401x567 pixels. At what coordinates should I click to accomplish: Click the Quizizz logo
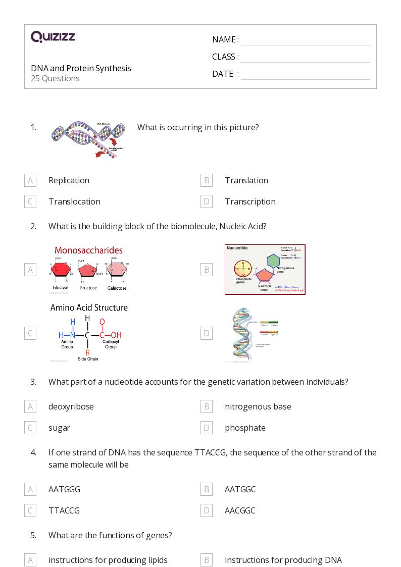53,37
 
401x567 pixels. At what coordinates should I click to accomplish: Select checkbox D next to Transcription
206,201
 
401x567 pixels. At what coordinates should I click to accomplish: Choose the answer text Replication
69,180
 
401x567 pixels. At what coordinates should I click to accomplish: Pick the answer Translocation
74,201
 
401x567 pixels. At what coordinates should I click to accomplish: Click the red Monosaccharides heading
88,250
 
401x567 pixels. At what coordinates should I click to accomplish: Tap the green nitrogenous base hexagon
273,261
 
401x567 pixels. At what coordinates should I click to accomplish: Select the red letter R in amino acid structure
87,352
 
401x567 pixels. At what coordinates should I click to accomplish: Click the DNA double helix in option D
241,335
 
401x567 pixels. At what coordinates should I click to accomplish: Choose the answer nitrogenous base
258,406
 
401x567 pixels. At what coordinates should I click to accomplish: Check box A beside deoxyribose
30,406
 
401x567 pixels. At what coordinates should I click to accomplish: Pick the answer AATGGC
240,489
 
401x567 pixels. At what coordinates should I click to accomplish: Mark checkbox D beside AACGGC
206,510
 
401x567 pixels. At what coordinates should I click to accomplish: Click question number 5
33,535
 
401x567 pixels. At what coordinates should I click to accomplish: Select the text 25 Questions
55,79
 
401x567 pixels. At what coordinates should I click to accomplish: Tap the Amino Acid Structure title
89,307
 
